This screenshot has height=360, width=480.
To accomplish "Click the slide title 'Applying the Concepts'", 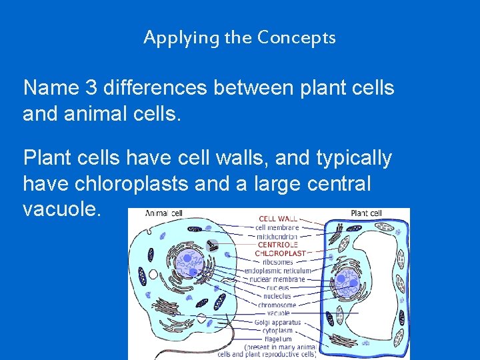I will click(239, 37).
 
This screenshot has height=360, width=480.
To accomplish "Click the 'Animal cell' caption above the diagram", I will click(164, 214).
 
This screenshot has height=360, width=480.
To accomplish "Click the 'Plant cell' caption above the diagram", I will click(366, 213).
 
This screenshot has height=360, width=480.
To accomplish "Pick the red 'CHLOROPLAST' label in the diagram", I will click(280, 253).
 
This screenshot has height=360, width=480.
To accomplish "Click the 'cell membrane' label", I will click(277, 227).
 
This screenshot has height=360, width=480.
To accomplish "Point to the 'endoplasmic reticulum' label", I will click(277, 271).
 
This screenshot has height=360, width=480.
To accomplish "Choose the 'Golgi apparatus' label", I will click(277, 323).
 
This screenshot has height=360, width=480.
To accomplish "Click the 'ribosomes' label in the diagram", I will click(277, 262).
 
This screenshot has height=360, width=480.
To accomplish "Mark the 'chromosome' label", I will click(277, 305).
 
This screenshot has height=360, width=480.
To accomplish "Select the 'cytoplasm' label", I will click(277, 331).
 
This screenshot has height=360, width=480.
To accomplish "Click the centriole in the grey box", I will click(213, 245).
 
